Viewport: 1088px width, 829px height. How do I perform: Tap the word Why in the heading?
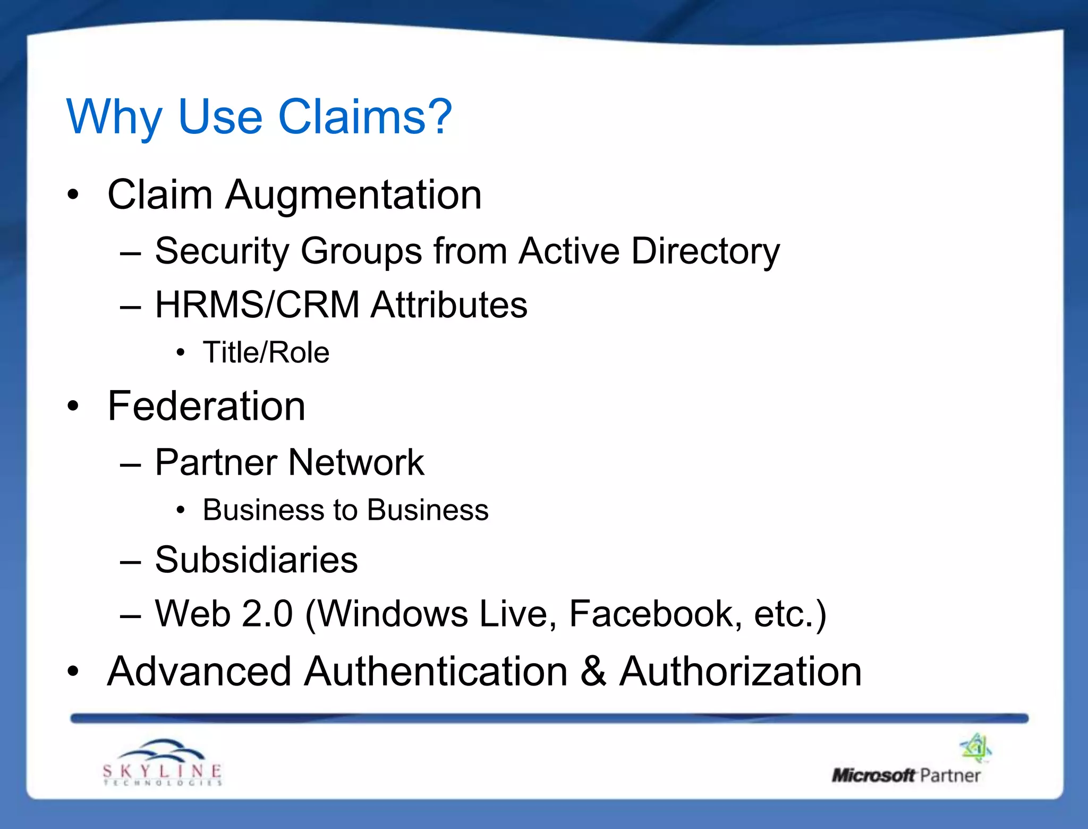[x=114, y=117]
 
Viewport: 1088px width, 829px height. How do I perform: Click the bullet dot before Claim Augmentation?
[x=73, y=194]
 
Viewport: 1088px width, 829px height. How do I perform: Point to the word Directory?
[x=705, y=251]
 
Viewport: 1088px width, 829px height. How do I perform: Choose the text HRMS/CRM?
[x=257, y=305]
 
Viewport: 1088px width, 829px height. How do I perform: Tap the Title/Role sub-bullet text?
[x=266, y=352]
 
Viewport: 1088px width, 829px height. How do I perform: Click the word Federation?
[x=206, y=407]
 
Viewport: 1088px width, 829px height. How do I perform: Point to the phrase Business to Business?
[x=345, y=510]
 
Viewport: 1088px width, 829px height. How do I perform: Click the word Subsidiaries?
[x=256, y=560]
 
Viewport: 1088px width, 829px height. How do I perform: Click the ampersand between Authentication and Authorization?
[x=593, y=671]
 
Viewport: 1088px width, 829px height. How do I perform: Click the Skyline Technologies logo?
[x=162, y=763]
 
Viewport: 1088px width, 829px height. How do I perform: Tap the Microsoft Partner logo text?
[x=906, y=776]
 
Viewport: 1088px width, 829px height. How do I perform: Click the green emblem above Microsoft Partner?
[x=976, y=748]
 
